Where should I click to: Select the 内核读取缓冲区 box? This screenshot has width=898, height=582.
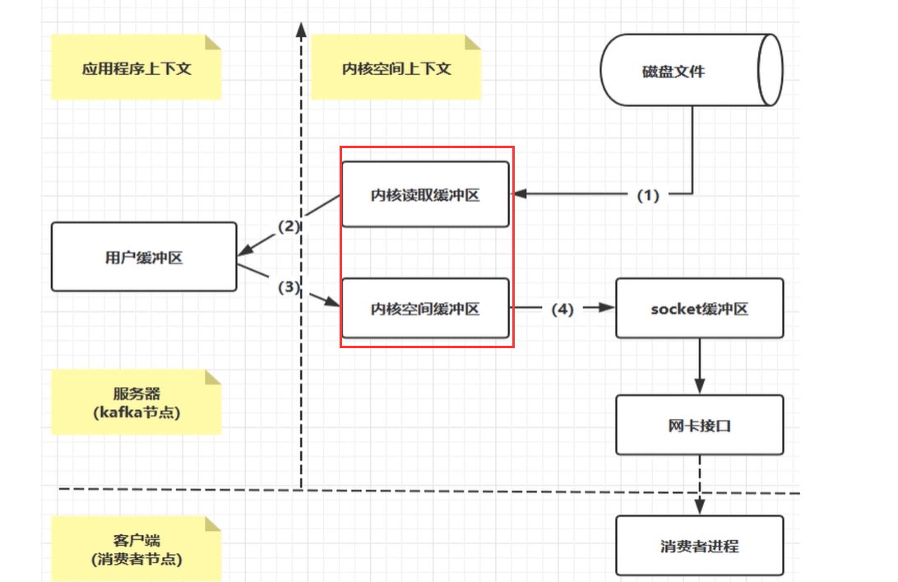tap(425, 194)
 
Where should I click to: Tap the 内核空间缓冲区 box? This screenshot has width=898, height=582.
tap(425, 309)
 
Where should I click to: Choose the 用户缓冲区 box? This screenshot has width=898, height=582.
tap(144, 257)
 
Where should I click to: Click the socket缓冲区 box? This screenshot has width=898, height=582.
tap(699, 309)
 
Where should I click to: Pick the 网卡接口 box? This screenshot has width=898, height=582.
tap(699, 425)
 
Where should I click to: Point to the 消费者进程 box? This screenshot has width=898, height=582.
tap(699, 546)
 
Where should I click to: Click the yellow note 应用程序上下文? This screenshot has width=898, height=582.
tap(137, 68)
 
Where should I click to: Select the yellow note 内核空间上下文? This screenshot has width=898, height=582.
tap(396, 68)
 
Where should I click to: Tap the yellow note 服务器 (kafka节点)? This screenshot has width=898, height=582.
tap(137, 402)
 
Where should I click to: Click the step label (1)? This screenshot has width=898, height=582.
tap(649, 195)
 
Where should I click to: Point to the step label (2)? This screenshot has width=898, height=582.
tap(289, 225)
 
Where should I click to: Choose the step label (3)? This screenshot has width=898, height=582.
tap(289, 287)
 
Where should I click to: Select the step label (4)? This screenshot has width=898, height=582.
tap(562, 310)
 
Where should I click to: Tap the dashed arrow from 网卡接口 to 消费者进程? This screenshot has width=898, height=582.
tap(700, 486)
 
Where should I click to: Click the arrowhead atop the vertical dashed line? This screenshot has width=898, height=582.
tap(301, 30)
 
